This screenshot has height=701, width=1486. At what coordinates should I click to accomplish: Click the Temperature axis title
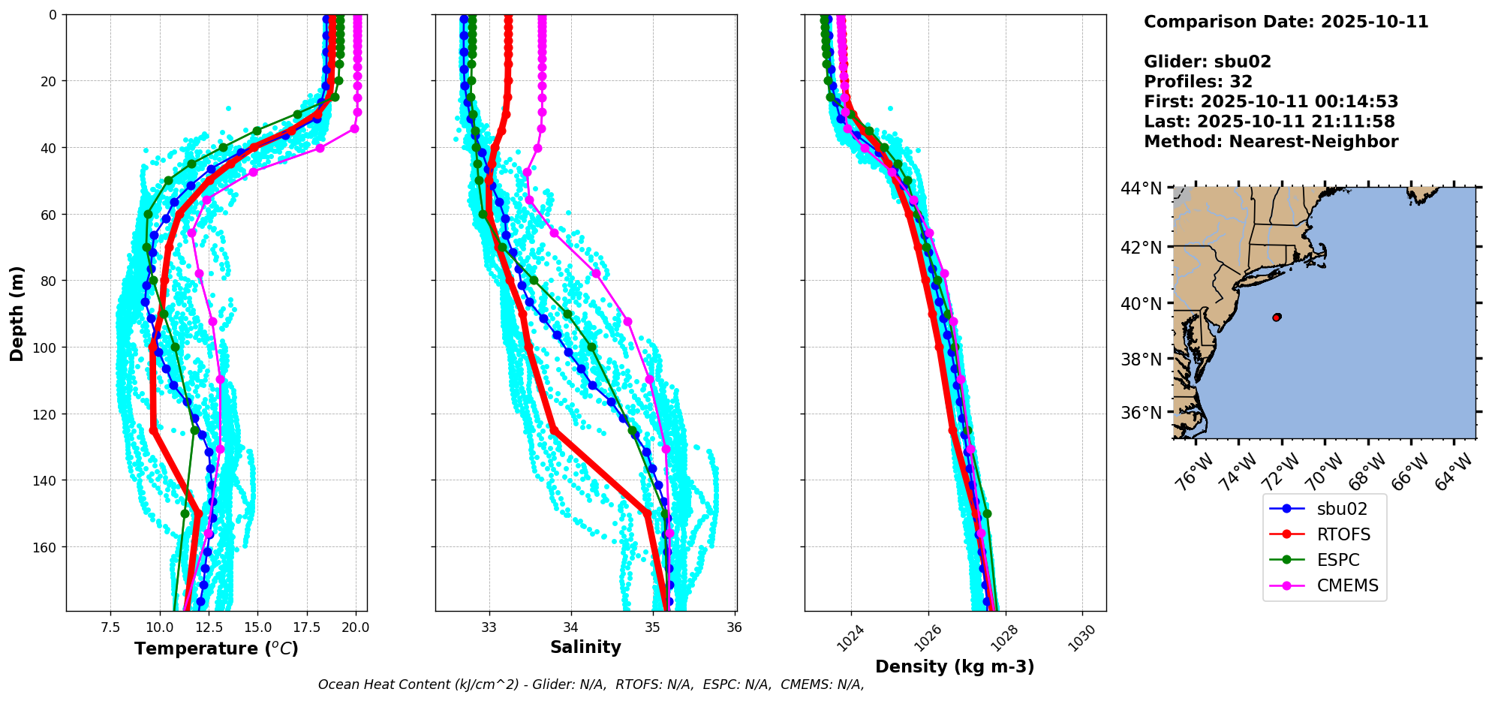[x=216, y=648]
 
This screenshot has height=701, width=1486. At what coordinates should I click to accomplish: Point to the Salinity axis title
[x=585, y=647]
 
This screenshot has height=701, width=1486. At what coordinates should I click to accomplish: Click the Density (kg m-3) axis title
[x=955, y=666]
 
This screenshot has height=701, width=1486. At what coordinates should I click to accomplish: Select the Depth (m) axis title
[x=17, y=313]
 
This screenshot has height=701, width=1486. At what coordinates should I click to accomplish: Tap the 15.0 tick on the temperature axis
[x=257, y=627]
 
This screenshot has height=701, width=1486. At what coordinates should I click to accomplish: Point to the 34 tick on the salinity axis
[x=571, y=627]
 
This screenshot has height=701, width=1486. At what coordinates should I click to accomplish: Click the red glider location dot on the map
[x=1277, y=317]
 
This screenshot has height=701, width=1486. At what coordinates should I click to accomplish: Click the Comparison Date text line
[x=1286, y=22]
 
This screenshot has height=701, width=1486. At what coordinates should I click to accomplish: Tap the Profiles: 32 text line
[x=1198, y=82]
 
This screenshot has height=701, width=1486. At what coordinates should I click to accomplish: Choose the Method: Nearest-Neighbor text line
[x=1271, y=142]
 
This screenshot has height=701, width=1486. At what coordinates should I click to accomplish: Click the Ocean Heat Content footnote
[x=591, y=684]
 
